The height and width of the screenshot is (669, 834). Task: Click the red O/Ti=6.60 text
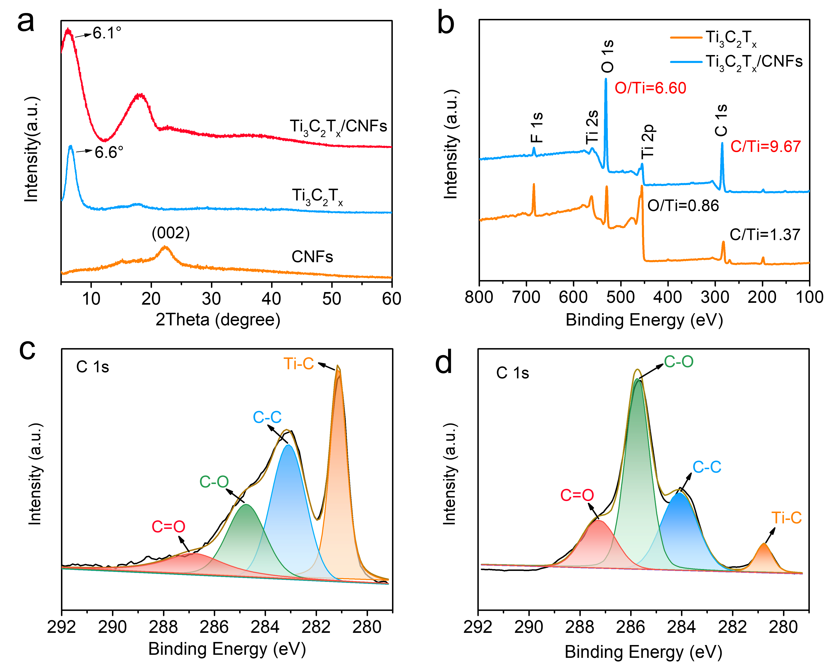[x=650, y=88]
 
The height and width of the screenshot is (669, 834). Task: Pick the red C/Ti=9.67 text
[x=765, y=147]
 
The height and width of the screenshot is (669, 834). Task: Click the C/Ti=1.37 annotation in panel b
[x=765, y=235]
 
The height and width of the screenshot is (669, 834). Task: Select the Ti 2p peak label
[x=647, y=141]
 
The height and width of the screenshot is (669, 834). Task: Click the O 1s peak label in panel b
[x=608, y=56]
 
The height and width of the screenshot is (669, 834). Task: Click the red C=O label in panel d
[x=577, y=495]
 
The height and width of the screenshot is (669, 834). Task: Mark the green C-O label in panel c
[x=214, y=482]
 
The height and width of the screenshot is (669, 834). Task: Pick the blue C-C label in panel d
[x=707, y=467]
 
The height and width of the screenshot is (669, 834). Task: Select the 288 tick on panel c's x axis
[x=163, y=627]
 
